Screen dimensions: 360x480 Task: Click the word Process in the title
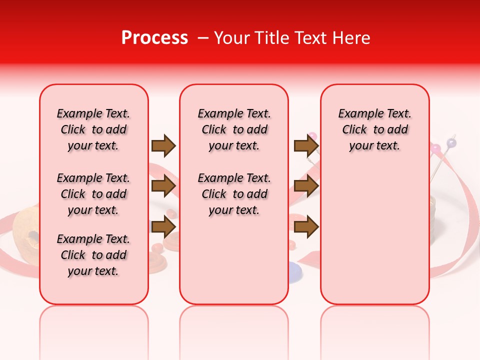coord(154,38)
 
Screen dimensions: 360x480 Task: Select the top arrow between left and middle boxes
coord(163,145)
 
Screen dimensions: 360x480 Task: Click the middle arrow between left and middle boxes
coord(163,186)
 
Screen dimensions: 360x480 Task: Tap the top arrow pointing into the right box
coord(306,145)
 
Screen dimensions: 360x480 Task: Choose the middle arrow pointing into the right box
coord(306,186)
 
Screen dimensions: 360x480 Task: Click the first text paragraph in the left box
coord(93,129)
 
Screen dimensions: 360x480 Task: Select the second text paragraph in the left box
coord(93,194)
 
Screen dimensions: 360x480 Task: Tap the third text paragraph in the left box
coord(93,255)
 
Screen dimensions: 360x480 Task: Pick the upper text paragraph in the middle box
coord(234,129)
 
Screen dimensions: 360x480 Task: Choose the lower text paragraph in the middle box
coord(234,194)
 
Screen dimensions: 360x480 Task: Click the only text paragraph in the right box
coord(374,129)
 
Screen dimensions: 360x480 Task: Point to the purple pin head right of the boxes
coord(451,143)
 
